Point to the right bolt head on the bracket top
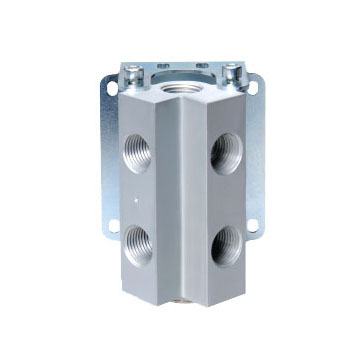tap(233, 72)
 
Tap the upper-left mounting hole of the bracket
tap(110, 88)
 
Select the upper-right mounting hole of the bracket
tap(252, 88)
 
